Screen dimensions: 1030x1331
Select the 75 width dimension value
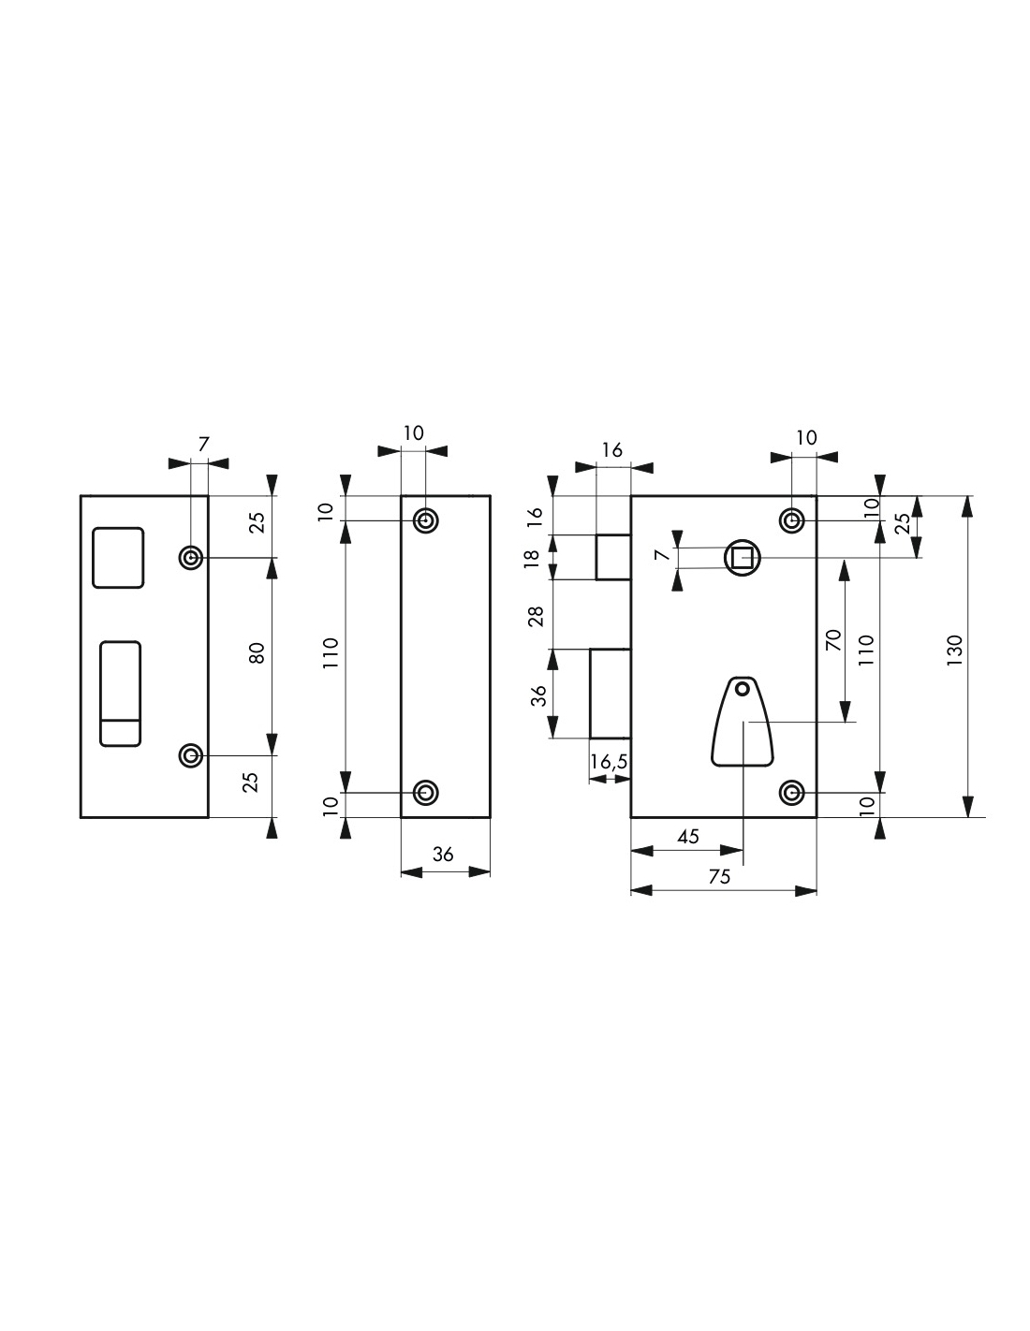[x=719, y=877]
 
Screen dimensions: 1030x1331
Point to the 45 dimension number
[x=687, y=837]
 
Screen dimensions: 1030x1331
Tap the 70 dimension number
[x=834, y=640]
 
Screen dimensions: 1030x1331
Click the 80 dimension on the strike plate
[x=257, y=653]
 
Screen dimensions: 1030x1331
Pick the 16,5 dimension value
[x=609, y=762]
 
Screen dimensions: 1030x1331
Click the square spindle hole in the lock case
[x=742, y=558]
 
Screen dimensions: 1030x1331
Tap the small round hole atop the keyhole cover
[x=742, y=690]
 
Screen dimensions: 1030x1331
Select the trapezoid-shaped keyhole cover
[x=742, y=722]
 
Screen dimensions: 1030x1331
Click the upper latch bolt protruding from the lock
[x=613, y=557]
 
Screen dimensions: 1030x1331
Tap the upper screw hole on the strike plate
[x=191, y=558]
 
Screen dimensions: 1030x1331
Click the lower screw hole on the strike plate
[x=191, y=756]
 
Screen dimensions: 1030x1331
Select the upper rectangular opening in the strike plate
[x=118, y=557]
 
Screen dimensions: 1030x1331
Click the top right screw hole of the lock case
[x=791, y=520]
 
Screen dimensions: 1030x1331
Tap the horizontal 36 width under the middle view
[x=442, y=854]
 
